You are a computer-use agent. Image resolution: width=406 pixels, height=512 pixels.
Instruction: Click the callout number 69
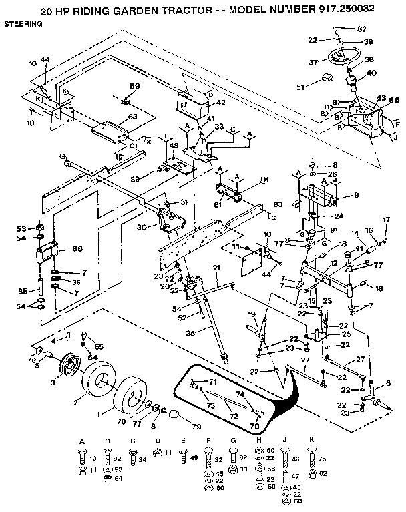(x=134, y=87)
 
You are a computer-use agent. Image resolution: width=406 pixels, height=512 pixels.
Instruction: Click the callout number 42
(x=220, y=103)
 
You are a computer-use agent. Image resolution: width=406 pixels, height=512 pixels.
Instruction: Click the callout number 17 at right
(x=385, y=220)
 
